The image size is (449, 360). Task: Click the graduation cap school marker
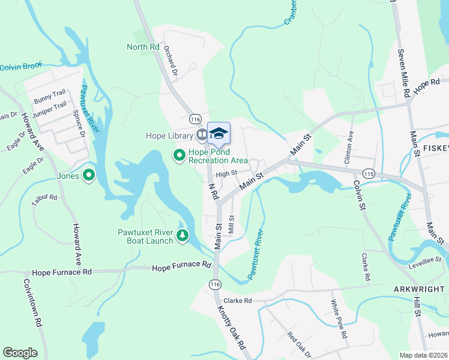pos(218,133)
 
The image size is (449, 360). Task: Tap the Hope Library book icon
pos(202,136)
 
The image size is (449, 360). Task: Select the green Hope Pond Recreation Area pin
pos(179,156)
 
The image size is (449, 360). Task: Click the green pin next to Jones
pos(89,176)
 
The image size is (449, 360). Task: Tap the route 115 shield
pos(369,173)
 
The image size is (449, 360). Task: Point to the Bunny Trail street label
pos(50,97)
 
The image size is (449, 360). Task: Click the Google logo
pos(20,352)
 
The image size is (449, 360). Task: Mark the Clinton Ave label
pos(349,146)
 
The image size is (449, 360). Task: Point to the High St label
pos(227,174)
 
